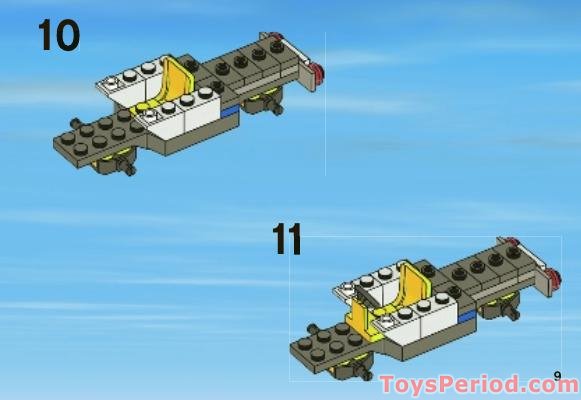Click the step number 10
[x=58, y=35]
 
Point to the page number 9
[x=557, y=375]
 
